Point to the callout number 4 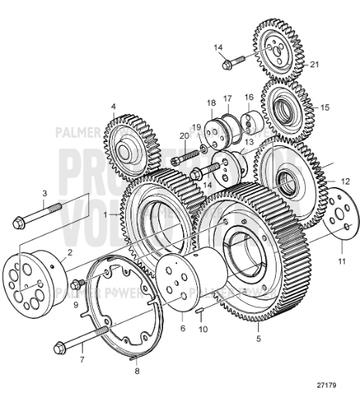pyautogui.click(x=113, y=105)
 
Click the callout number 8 pyautogui.click(x=138, y=365)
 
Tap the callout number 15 pyautogui.click(x=323, y=107)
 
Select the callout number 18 pyautogui.click(x=211, y=103)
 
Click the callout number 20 pyautogui.click(x=182, y=135)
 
